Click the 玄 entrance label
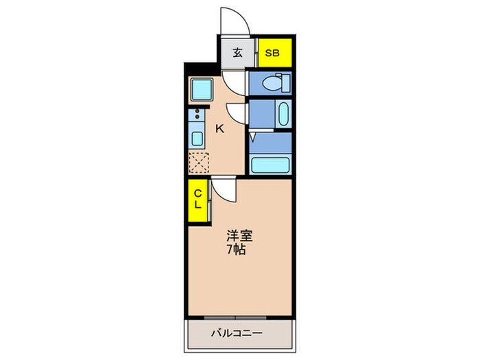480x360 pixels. click(236, 53)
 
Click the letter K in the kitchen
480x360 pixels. click(221, 128)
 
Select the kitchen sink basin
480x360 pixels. click(197, 139)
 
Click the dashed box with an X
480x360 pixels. click(198, 162)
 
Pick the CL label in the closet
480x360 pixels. click(196, 199)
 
